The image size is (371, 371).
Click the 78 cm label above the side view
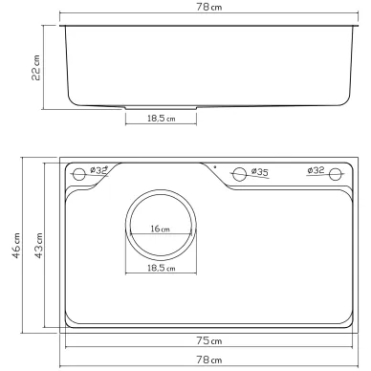(x=209, y=7)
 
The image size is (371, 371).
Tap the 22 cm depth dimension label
(x=36, y=68)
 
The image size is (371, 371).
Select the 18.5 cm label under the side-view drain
(x=162, y=119)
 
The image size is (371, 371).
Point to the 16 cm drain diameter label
(x=161, y=229)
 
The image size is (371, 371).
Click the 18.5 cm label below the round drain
(x=162, y=268)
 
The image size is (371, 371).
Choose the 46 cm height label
(x=16, y=245)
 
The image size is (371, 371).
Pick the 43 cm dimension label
(x=38, y=245)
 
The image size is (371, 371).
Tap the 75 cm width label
(x=209, y=340)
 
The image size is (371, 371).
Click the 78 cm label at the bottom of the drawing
(x=209, y=360)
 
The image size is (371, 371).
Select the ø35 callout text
(x=260, y=172)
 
